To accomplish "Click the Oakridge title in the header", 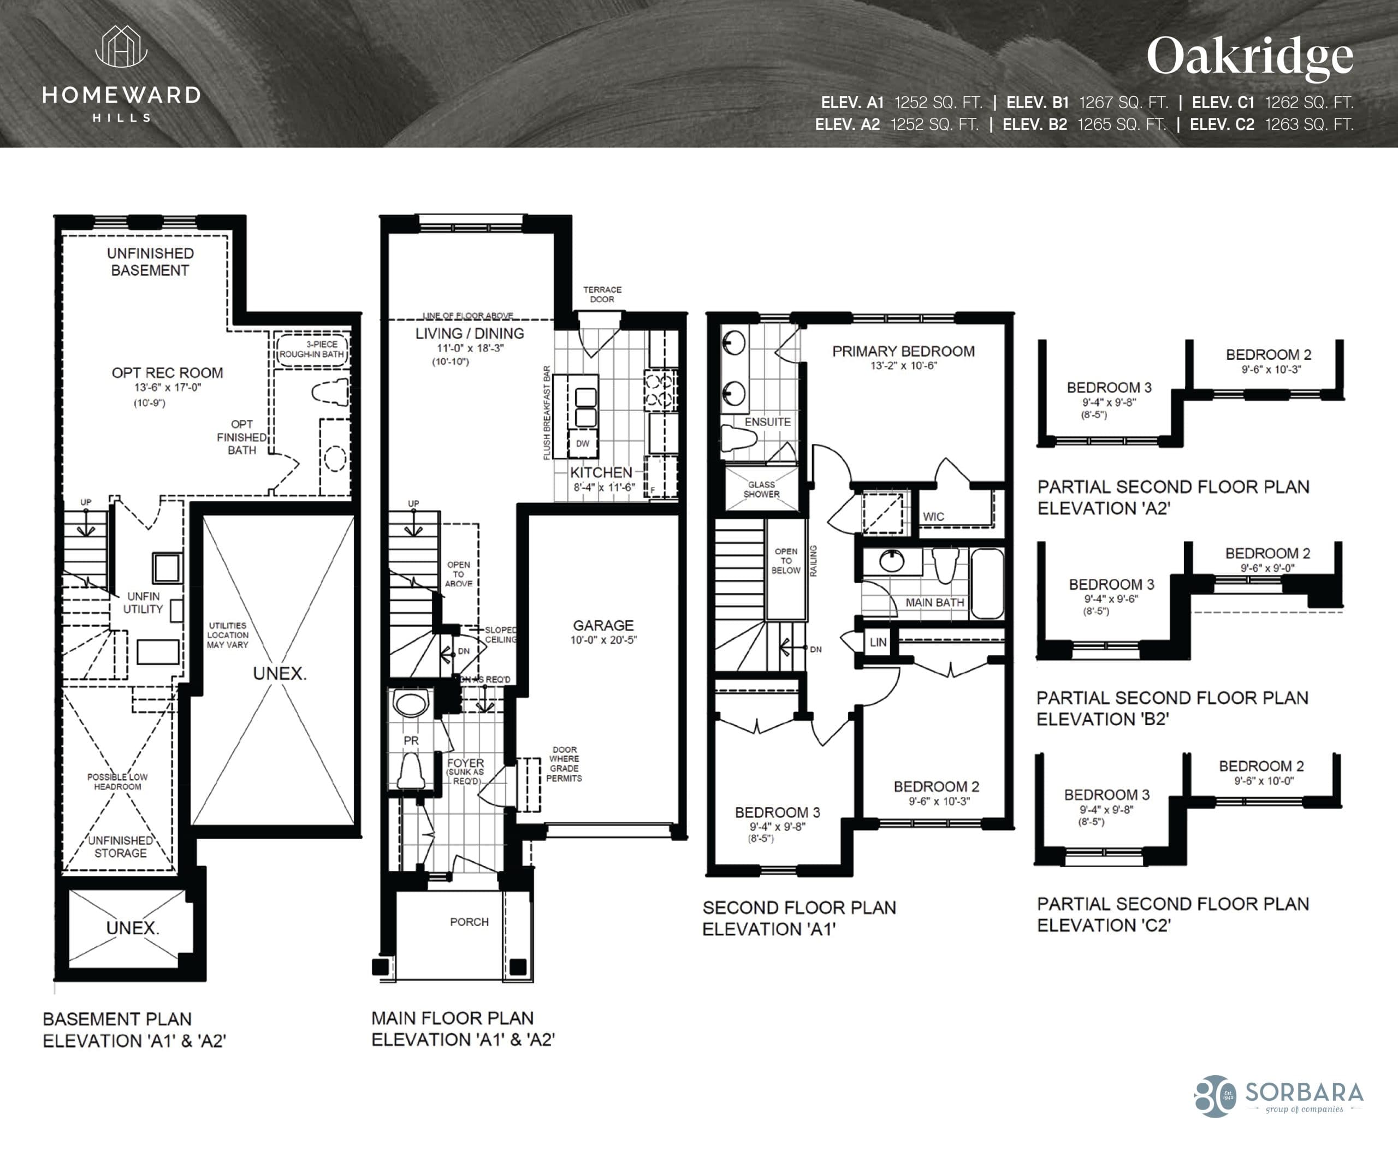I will pos(1249,57).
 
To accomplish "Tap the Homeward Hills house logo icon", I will pos(121,47).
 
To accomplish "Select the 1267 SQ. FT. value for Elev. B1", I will pos(1123,103).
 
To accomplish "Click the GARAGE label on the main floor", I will pos(603,625).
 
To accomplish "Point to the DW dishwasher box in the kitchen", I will pos(582,443).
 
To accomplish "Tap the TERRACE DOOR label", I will pos(602,294).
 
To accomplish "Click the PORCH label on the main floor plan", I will pos(469,922).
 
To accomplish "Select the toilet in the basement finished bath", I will pos(331,393).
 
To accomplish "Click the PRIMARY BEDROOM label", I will pos(903,352).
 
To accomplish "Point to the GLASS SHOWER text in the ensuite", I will pos(761,489).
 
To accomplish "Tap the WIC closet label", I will pos(933,517).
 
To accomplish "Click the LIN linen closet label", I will pos(878,642).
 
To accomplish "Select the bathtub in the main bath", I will pos(987,584).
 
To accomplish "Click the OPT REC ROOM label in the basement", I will pos(167,372).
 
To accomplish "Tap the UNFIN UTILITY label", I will pos(143,603).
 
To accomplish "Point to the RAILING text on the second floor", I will pos(813,561).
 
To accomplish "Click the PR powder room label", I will pos(411,740).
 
